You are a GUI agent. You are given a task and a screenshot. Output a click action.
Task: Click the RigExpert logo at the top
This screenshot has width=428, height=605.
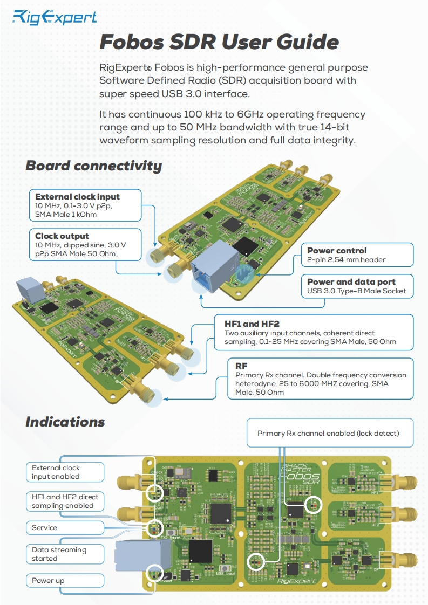[x=55, y=18]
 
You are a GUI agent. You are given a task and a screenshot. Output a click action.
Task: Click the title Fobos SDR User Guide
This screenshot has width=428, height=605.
[x=219, y=42]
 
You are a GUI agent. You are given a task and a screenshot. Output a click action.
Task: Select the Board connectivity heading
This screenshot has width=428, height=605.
[x=93, y=166]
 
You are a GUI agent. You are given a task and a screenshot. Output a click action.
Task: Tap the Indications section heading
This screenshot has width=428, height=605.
[x=65, y=421]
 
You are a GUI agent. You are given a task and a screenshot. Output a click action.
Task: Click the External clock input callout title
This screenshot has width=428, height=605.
[x=77, y=196]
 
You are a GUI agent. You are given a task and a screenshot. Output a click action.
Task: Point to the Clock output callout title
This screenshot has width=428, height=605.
[x=62, y=236]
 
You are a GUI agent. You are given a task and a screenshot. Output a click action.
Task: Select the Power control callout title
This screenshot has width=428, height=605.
[x=337, y=250]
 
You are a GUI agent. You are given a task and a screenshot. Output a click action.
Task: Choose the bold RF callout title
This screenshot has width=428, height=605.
[x=241, y=366]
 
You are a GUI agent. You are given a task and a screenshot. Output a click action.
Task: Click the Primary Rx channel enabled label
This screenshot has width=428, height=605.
[x=328, y=433]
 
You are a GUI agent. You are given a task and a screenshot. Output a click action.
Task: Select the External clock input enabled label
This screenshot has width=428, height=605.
[x=56, y=472]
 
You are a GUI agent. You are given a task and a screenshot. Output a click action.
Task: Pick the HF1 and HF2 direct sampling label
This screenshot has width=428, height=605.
[x=62, y=501]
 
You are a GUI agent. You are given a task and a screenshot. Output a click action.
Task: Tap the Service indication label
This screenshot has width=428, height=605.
[x=44, y=527]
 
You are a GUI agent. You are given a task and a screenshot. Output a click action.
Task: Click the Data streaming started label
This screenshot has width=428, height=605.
[x=58, y=554]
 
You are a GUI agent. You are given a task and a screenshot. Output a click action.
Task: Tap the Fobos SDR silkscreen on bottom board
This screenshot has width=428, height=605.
[x=301, y=477]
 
